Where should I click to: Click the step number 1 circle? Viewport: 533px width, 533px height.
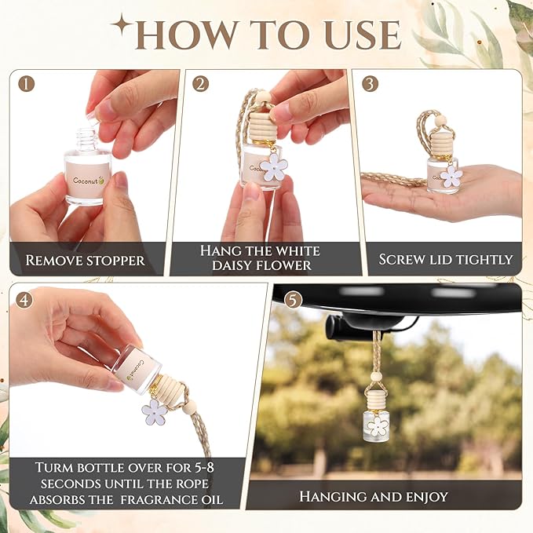(27, 83)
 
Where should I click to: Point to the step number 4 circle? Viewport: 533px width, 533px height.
(24, 299)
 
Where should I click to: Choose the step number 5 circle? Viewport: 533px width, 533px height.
(292, 299)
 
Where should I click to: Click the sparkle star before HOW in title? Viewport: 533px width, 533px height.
(122, 26)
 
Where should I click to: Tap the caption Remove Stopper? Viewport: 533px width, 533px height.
(85, 260)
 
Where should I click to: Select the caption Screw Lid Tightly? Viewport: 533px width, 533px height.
(445, 259)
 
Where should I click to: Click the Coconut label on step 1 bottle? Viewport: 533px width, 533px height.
(87, 180)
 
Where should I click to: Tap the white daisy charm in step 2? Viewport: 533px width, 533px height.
(274, 166)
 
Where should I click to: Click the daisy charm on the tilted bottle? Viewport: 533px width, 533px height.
(154, 411)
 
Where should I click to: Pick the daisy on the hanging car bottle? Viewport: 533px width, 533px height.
(378, 426)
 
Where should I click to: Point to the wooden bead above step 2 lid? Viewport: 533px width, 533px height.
(265, 97)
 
